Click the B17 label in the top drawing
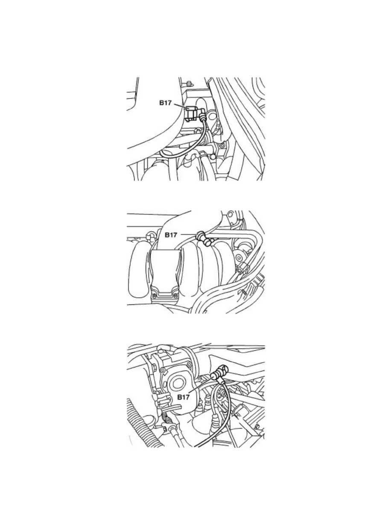click(x=165, y=103)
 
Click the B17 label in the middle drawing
click(x=171, y=235)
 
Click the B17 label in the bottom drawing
click(x=183, y=397)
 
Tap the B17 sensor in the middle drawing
click(x=203, y=239)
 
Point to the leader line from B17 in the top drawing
click(x=181, y=105)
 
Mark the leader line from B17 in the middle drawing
click(x=189, y=234)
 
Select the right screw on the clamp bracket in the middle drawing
click(x=176, y=295)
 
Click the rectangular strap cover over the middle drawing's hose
click(x=165, y=275)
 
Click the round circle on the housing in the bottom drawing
click(x=177, y=384)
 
